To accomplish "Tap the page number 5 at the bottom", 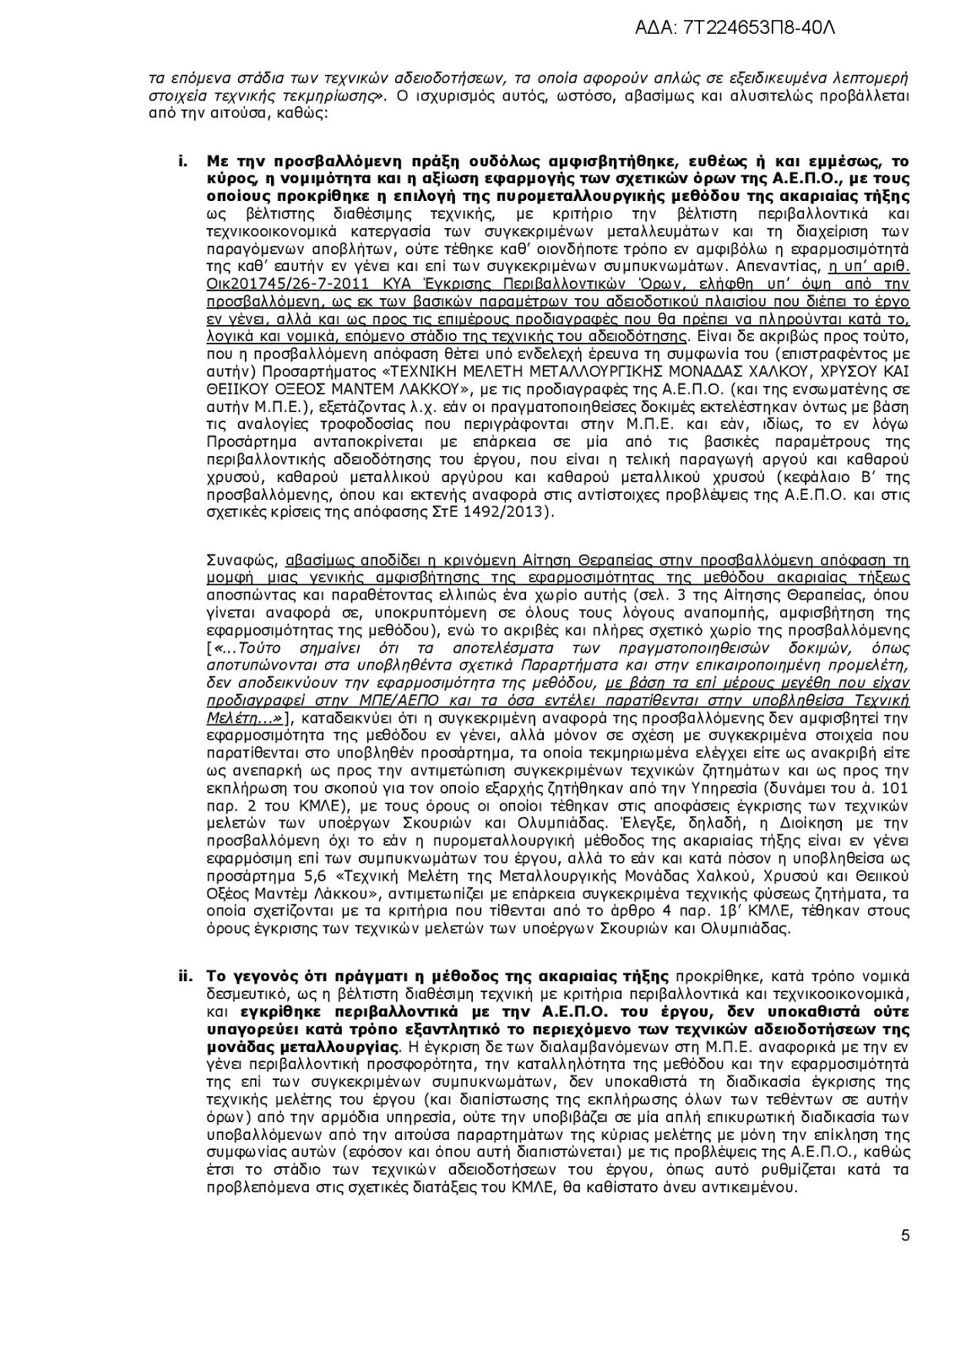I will click(905, 1237).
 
